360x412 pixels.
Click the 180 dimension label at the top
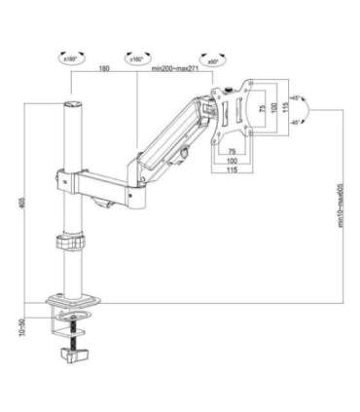pyautogui.click(x=103, y=70)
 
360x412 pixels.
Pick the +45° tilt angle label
pyautogui.click(x=296, y=97)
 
